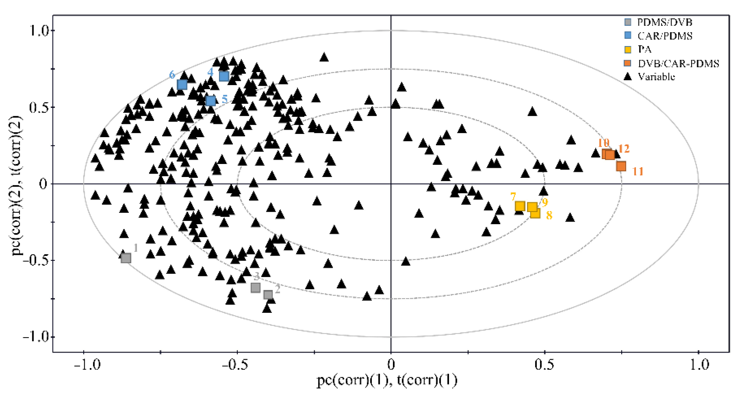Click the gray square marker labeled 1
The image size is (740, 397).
[x=126, y=258]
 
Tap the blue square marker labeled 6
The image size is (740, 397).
[x=182, y=85]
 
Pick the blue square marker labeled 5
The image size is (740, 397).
[x=210, y=101]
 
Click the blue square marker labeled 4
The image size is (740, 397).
[x=224, y=76]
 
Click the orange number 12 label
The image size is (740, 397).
[x=624, y=149]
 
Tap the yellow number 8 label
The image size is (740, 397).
[x=549, y=215]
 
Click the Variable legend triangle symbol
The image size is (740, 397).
[x=628, y=77]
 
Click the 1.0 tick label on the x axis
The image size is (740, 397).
[x=699, y=365]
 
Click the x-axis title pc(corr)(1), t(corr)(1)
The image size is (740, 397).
[x=387, y=381]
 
